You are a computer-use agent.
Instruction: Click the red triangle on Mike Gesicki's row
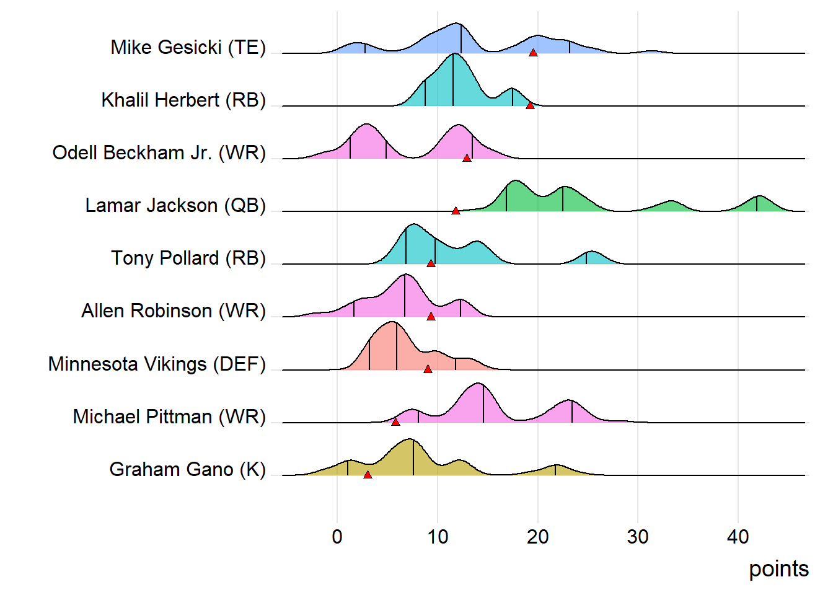coord(533,53)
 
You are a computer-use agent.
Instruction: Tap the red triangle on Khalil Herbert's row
coord(530,105)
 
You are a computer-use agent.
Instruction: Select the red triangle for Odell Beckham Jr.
coord(467,158)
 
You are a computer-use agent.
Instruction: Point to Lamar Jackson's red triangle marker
coord(456,211)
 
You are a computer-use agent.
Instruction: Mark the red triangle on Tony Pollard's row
coord(431,263)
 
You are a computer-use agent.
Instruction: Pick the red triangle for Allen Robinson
coord(431,316)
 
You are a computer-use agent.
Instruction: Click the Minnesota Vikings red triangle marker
coord(428,369)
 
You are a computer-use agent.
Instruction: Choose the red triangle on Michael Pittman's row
coord(395,422)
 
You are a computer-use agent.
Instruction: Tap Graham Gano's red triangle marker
coord(368,475)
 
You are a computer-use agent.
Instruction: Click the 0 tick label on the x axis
coord(337,537)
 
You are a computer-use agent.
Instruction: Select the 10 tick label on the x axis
coord(438,537)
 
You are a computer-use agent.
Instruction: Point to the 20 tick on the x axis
coord(537,537)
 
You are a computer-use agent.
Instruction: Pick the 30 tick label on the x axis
coord(638,537)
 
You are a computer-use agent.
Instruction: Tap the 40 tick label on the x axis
coord(738,537)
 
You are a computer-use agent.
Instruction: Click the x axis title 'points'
coord(778,569)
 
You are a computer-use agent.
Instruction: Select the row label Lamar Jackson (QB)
coord(175,205)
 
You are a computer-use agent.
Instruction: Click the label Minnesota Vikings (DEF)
coord(157,364)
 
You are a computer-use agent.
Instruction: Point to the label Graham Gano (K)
coord(187,469)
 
